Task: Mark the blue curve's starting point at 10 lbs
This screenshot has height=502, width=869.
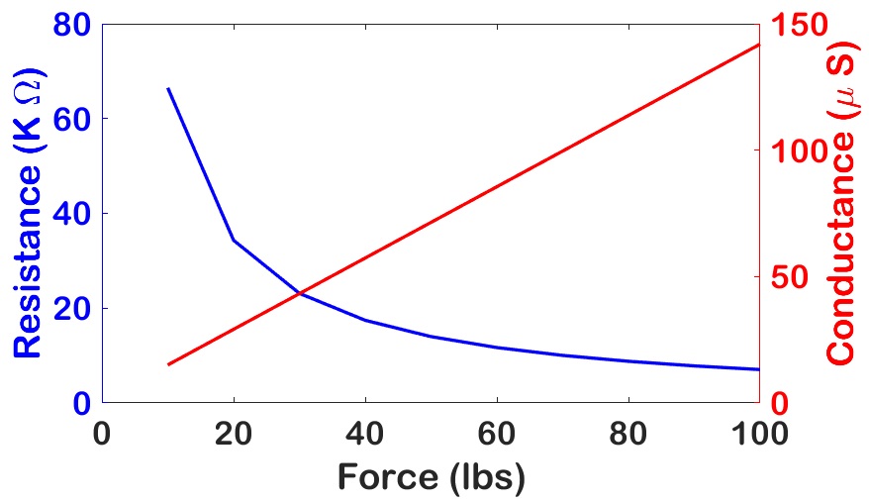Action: click(x=168, y=88)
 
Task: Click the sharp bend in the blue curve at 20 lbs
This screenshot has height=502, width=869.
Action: click(x=234, y=240)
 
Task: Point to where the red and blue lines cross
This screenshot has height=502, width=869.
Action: click(x=300, y=293)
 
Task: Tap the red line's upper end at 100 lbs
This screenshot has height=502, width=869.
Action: click(x=759, y=45)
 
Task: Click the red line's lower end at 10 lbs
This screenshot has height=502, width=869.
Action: click(x=168, y=364)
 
